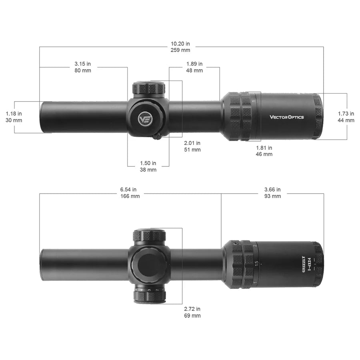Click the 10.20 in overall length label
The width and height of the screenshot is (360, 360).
(180, 47)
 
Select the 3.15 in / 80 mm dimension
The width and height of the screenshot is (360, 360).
(83, 67)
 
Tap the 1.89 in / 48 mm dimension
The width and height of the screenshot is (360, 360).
(194, 67)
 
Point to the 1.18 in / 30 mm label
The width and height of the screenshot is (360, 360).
(14, 117)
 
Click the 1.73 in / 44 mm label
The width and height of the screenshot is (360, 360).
(346, 117)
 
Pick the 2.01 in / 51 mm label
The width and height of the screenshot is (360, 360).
(192, 146)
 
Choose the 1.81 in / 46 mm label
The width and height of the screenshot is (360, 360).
(264, 151)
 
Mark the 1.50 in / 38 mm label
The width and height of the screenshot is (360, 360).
(148, 166)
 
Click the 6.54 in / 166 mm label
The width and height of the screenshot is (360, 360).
(130, 193)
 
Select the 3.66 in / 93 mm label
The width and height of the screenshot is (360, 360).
(272, 193)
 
